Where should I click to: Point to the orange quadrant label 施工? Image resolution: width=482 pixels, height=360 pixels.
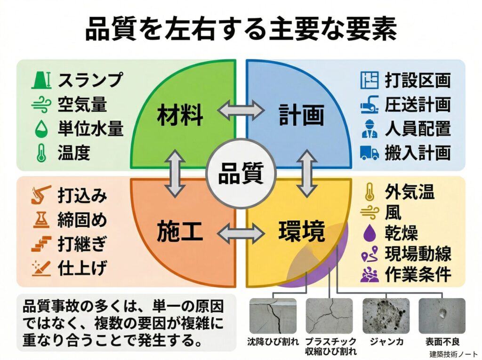pyautogui.click(x=180, y=232)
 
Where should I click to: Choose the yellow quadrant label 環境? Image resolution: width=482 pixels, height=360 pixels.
pyautogui.click(x=302, y=232)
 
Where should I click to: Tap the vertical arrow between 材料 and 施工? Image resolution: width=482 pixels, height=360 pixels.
pyautogui.click(x=175, y=173)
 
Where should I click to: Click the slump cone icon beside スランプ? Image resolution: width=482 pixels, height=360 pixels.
pyautogui.click(x=41, y=80)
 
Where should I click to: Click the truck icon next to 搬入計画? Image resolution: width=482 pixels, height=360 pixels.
pyautogui.click(x=370, y=152)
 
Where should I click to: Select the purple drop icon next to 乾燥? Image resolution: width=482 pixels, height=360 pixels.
pyautogui.click(x=370, y=233)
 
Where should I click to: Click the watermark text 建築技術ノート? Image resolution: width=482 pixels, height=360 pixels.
pyautogui.click(x=453, y=353)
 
